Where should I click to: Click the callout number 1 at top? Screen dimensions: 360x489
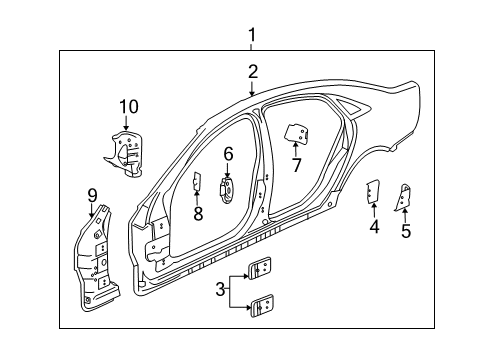coord(251,36)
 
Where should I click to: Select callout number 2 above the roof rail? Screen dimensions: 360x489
coord(253,71)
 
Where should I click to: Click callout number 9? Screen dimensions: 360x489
coord(91,196)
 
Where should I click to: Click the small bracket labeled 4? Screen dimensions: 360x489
coord(372,191)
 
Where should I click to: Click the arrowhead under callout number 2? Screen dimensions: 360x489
coord(253,94)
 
